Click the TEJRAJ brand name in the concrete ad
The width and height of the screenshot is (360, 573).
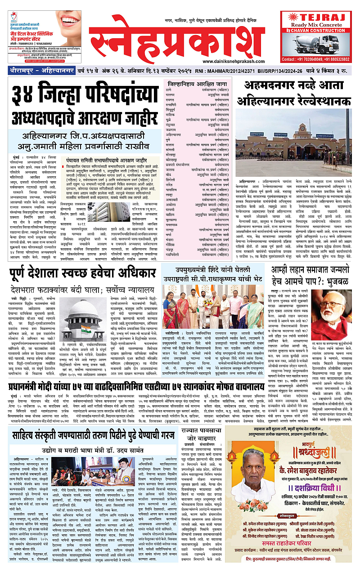click(x=317, y=17)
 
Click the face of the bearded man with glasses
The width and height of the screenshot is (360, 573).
click(x=334, y=309)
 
